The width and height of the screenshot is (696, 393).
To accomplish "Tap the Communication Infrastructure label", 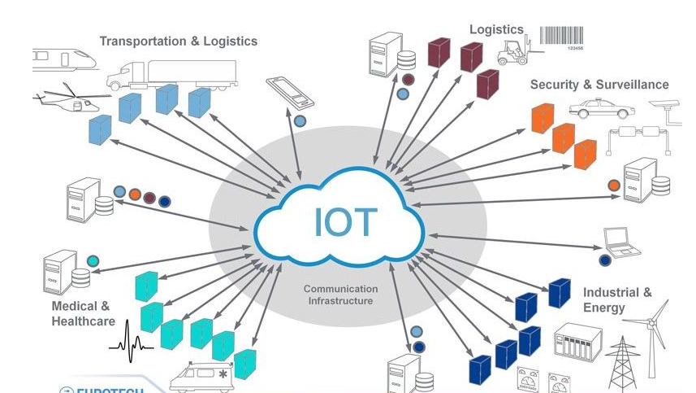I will tap(341, 295).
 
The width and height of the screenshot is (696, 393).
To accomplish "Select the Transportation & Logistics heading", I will tap(178, 41).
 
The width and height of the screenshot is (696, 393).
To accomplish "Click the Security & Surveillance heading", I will tap(599, 85).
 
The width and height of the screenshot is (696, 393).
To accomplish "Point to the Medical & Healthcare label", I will tap(80, 313).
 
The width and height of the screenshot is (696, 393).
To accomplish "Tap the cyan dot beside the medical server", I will tap(93, 261).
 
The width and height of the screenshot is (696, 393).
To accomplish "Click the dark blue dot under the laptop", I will tap(604, 260).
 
